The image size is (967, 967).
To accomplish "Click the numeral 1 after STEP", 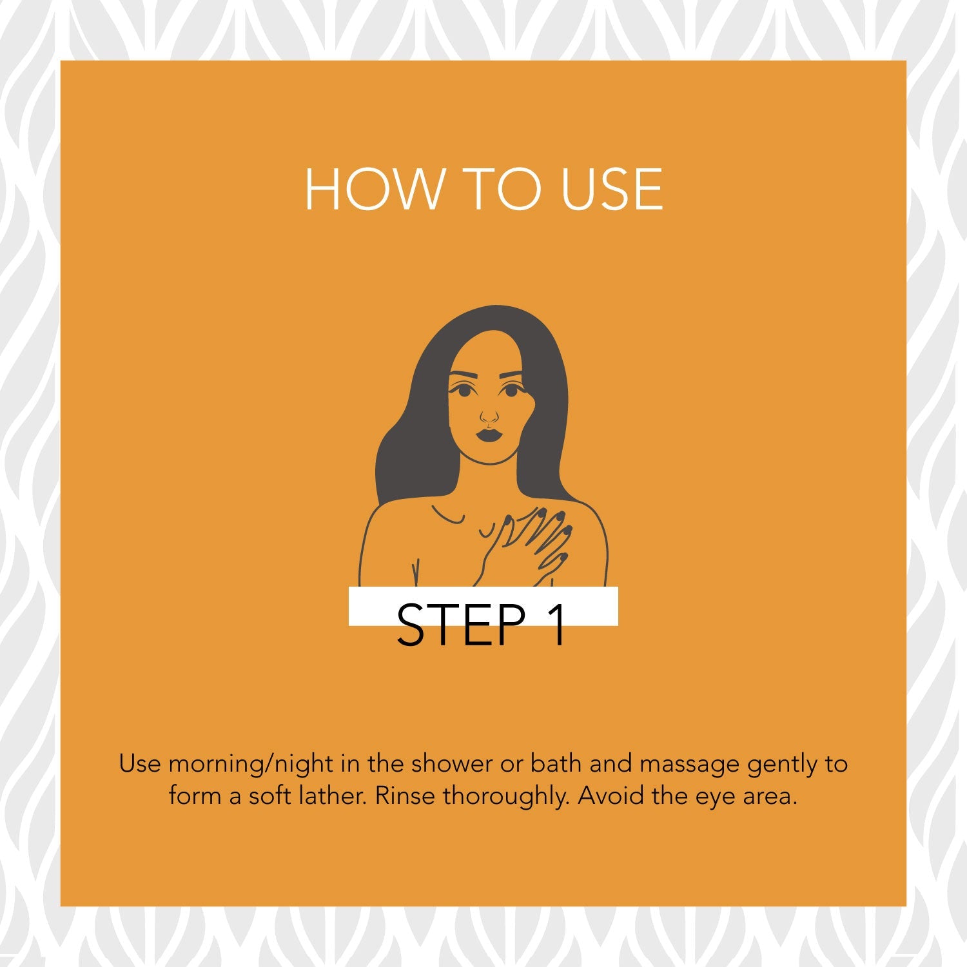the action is coord(558,624).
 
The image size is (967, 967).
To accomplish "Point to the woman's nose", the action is coord(489,416).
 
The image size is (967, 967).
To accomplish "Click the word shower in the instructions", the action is coord(451,764).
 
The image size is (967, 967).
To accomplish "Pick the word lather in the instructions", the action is coord(334,796).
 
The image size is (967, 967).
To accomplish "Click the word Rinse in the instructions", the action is coord(405,796).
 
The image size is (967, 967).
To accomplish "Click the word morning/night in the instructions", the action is coord(251,765).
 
